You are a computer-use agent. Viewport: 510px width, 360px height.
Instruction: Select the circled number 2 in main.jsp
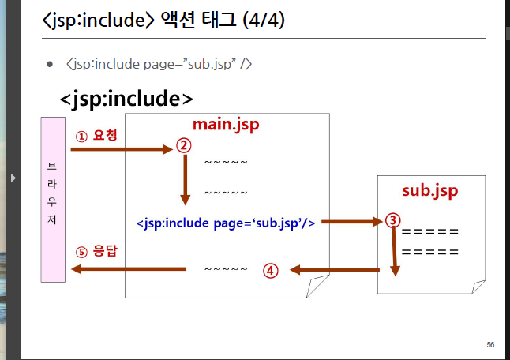coord(184,145)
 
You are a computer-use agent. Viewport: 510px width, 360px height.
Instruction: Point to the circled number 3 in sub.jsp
coord(392,221)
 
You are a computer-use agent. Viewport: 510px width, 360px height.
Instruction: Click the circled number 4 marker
coord(270,270)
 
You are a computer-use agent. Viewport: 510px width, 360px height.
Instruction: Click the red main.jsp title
coord(226,126)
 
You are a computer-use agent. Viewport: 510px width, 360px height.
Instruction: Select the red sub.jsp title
coord(429,191)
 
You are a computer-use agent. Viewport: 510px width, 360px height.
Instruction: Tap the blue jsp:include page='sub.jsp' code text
coord(226,223)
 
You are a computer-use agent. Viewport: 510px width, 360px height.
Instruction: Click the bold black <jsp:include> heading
coord(126,99)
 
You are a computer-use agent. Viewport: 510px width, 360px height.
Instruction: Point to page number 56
coord(490,344)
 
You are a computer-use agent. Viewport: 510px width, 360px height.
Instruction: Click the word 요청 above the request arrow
coord(105,136)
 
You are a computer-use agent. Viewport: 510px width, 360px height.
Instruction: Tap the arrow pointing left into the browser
coord(126,270)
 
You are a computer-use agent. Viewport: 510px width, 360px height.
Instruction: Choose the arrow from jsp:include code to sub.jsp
coord(351,223)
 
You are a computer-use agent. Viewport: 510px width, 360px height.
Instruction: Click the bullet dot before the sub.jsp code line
coord(49,63)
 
